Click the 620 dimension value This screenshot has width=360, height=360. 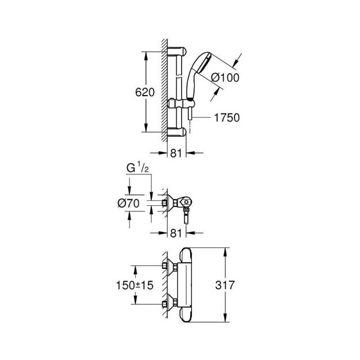pyautogui.click(x=145, y=93)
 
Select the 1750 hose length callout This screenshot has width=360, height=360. pyautogui.click(x=227, y=118)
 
